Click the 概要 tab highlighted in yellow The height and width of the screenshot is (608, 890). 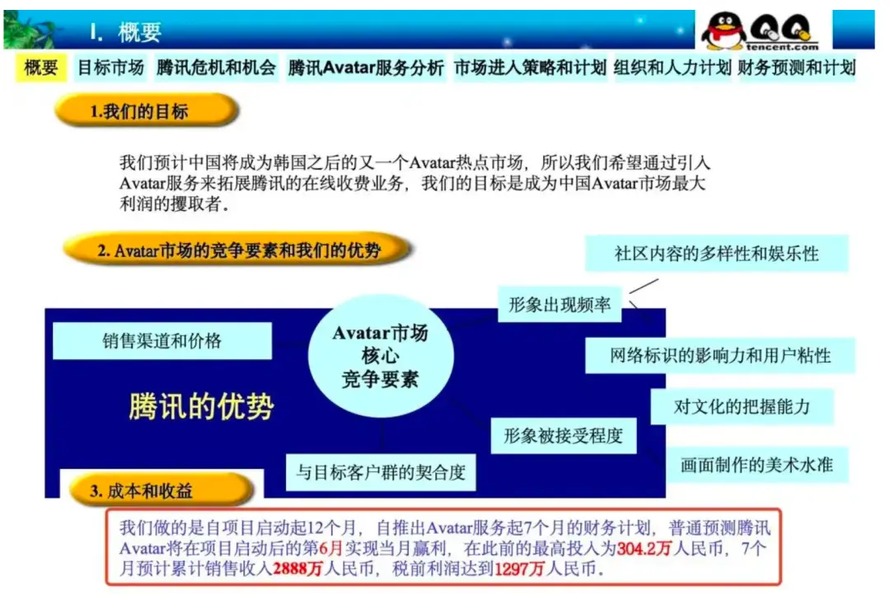[x=40, y=68]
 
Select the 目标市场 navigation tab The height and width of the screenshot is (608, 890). [x=110, y=68]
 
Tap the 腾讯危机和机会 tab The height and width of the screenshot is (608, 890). [x=216, y=68]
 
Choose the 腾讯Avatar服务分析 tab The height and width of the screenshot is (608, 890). [x=365, y=68]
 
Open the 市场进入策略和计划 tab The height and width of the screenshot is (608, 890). [x=530, y=68]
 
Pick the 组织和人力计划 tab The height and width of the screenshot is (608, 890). [x=672, y=68]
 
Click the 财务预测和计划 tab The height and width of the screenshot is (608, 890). [x=796, y=68]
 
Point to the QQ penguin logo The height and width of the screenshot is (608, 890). [x=724, y=30]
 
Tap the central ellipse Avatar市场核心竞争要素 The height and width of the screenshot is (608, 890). [x=380, y=356]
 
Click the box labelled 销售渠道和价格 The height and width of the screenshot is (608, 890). [x=162, y=340]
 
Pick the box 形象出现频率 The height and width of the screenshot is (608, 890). [x=560, y=305]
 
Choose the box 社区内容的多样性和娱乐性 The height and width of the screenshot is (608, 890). [x=716, y=253]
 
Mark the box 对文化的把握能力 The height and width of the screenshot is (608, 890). [x=742, y=407]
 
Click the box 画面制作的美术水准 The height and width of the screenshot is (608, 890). [x=756, y=465]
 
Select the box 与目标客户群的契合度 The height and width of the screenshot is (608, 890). [x=381, y=472]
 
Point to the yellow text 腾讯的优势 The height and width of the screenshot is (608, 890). [x=201, y=406]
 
